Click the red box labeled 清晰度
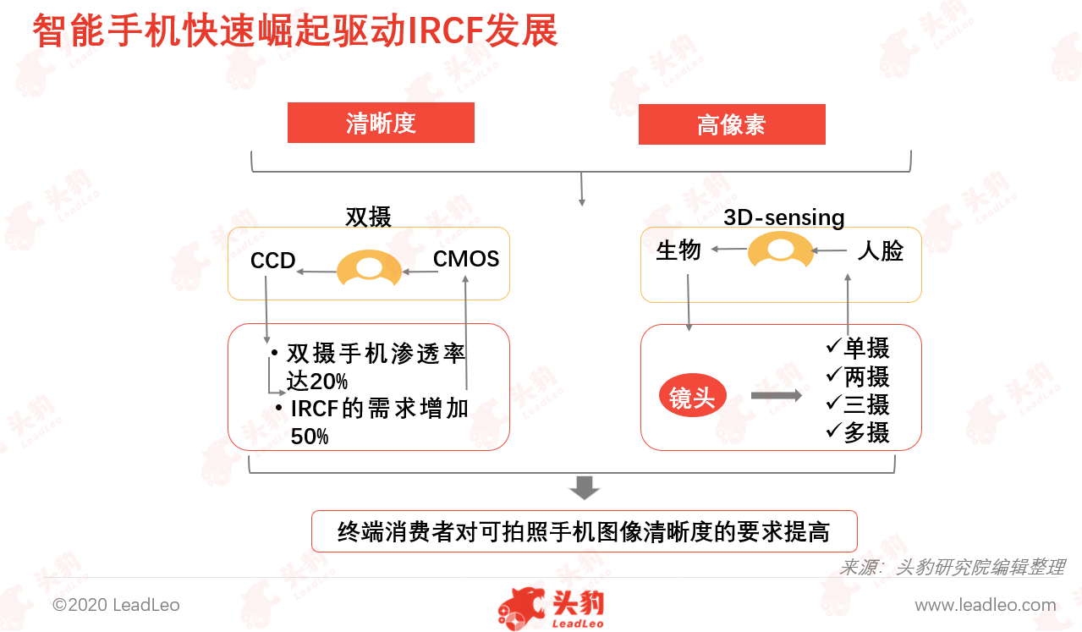point(381,123)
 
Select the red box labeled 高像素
point(732,124)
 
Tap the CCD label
point(272,261)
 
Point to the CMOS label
point(466,259)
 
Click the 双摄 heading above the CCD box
point(368,217)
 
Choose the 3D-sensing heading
point(784,217)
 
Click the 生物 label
point(678,250)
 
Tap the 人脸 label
point(880,250)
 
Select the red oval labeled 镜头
point(693,396)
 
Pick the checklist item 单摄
point(858,348)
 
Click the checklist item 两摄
point(858,376)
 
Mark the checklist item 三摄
point(858,404)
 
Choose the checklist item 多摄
point(858,432)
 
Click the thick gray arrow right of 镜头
point(777,396)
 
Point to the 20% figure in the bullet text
point(328,382)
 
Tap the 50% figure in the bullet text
point(310,437)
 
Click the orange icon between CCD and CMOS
point(369,267)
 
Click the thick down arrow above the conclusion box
point(585,488)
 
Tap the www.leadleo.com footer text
point(986,605)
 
